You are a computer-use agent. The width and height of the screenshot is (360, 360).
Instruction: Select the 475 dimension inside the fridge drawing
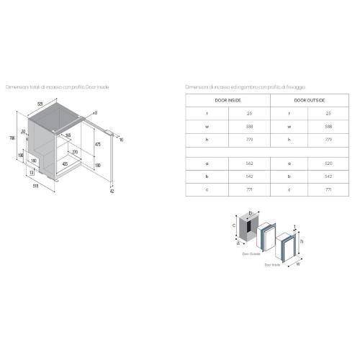point(97,144)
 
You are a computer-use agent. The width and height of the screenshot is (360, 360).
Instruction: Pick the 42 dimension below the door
point(112,192)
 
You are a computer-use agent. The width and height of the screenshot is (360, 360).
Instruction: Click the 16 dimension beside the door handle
point(122,139)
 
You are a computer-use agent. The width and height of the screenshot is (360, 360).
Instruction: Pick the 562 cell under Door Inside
point(249,163)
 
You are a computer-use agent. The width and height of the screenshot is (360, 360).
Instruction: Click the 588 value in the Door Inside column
point(249,125)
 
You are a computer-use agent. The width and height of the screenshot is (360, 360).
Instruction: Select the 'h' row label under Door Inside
point(207,138)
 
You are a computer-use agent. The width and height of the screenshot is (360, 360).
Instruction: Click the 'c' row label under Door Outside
point(289,189)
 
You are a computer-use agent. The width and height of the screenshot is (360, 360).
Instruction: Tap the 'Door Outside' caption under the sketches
point(250,253)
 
